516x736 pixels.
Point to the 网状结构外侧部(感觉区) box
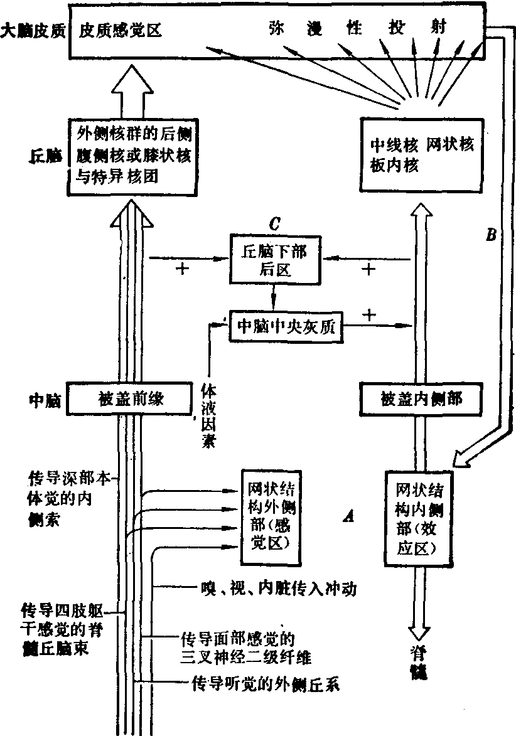tap(269, 515)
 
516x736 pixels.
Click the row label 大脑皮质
tap(33, 31)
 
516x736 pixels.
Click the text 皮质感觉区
tap(121, 31)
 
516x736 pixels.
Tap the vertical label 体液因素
tap(208, 416)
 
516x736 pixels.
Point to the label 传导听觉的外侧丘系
tap(264, 685)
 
